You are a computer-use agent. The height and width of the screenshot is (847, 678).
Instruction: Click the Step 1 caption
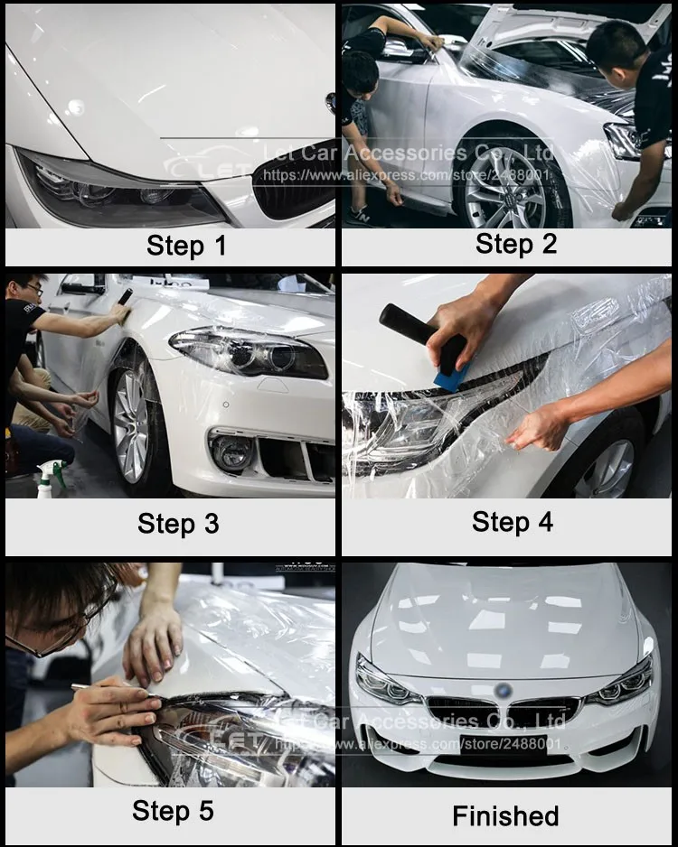point(186,246)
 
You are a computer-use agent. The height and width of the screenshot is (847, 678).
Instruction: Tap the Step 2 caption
point(516,243)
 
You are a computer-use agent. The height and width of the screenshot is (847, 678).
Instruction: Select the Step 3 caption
point(178,524)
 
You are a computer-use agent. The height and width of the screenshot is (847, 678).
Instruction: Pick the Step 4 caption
point(513,521)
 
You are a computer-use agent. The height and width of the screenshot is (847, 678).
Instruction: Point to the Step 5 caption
point(173,810)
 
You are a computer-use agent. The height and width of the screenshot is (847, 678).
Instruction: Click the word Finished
point(505,816)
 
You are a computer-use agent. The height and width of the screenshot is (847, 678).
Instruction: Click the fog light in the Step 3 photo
point(231,451)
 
